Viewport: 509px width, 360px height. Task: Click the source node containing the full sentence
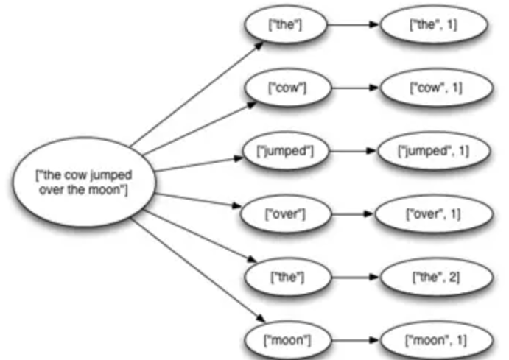point(82,180)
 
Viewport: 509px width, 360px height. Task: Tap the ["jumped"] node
point(284,152)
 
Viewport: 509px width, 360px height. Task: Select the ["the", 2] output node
point(433,278)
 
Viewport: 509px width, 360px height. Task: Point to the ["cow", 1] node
point(433,88)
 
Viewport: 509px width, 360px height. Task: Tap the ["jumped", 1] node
point(432,152)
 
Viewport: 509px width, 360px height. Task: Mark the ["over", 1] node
point(433,215)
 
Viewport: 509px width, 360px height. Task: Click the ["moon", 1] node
point(432,341)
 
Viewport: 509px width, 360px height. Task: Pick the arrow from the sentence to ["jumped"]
point(199,163)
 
